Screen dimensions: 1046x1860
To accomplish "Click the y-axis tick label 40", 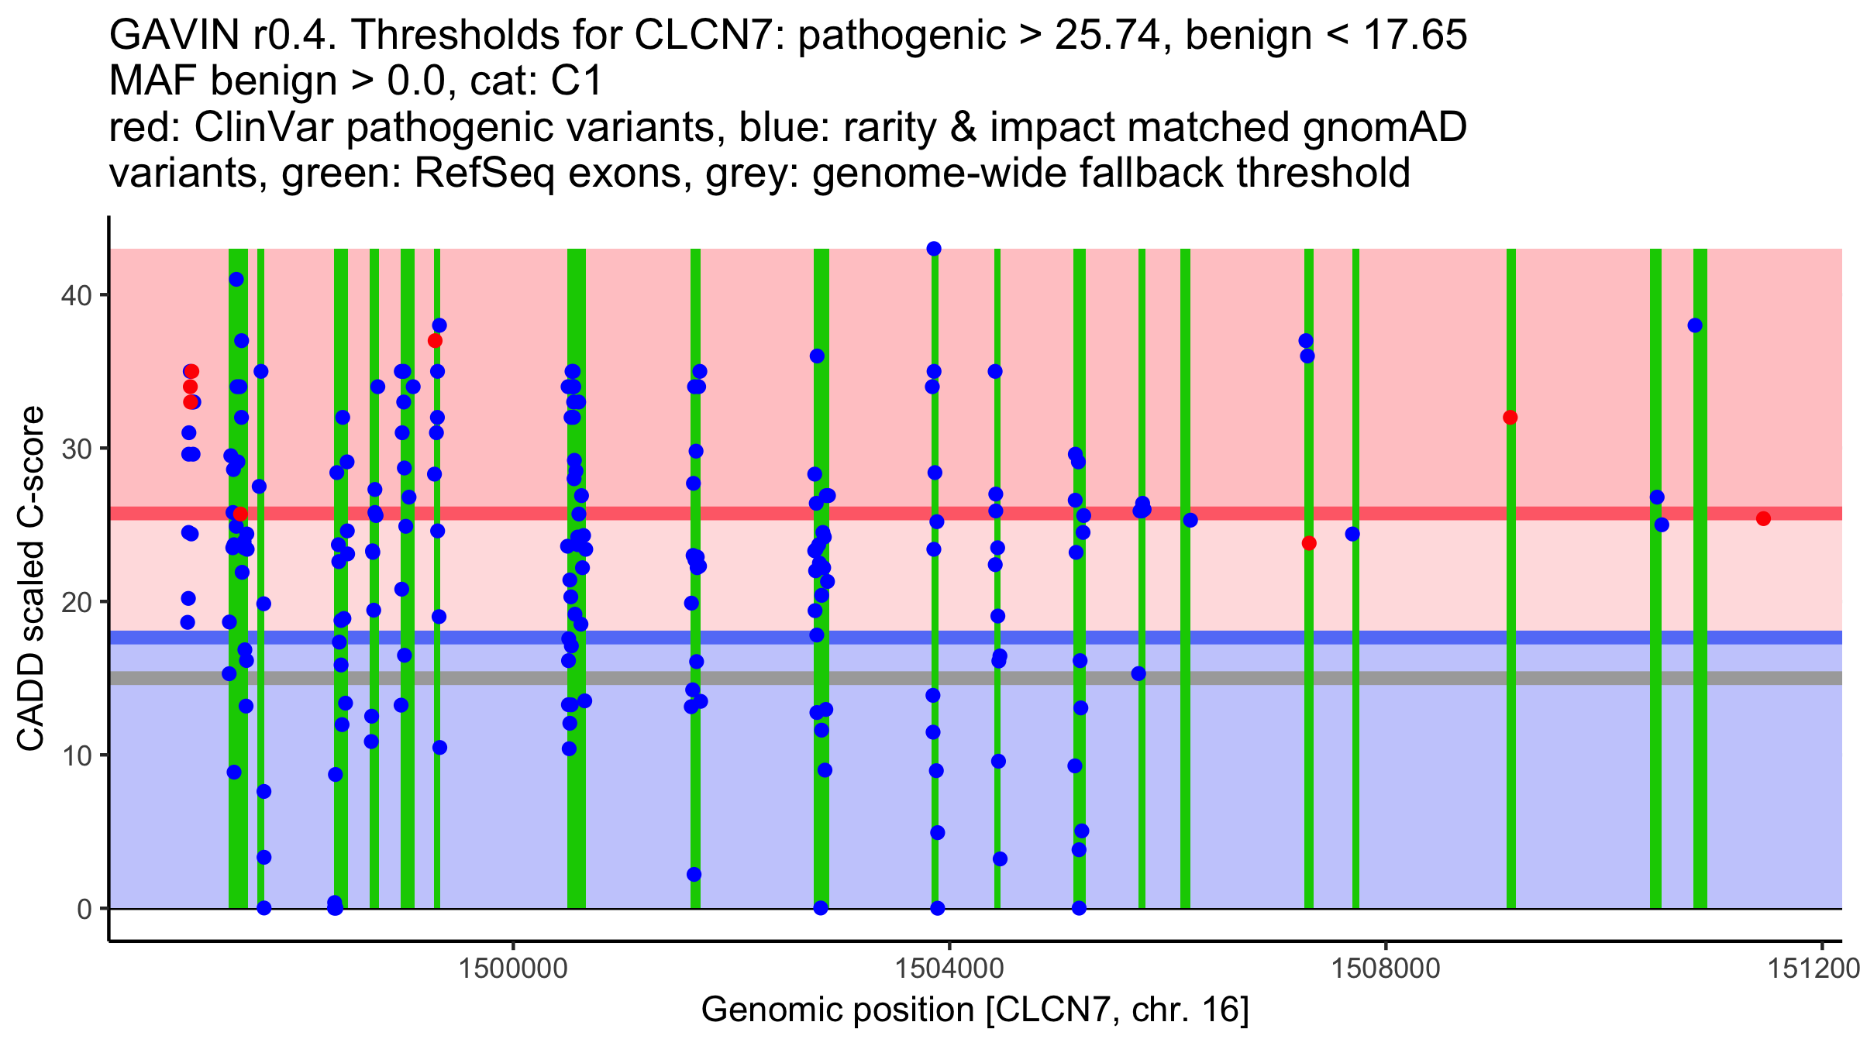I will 75,295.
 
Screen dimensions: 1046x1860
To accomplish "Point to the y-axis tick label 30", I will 75,449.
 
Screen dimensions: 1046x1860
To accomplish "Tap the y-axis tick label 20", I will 75,602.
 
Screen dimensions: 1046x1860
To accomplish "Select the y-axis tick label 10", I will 75,755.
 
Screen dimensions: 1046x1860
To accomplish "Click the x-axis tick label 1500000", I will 513,969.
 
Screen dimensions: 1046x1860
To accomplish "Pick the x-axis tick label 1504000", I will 949,969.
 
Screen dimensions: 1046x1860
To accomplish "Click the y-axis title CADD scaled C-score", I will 31,579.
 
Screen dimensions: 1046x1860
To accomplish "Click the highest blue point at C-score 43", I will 934,249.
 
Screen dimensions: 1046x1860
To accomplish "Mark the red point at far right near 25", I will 1763,518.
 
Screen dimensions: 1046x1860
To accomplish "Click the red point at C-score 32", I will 1510,418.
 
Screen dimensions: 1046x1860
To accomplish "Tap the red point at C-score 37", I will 435,341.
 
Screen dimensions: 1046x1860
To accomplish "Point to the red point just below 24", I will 1309,543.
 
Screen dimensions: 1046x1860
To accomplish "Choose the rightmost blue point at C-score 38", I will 1695,325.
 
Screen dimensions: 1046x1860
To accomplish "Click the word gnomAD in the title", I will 1384,127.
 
